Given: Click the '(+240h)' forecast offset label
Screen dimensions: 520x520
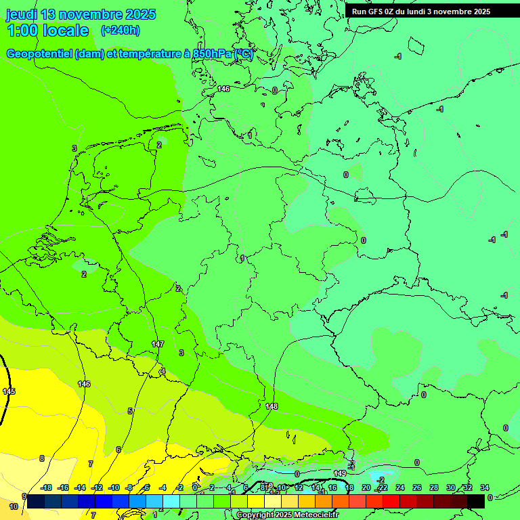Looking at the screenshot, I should pyautogui.click(x=120, y=30).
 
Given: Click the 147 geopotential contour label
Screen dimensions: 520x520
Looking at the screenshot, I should pyautogui.click(x=158, y=344).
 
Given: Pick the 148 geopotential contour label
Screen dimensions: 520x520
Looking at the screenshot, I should pyautogui.click(x=272, y=406).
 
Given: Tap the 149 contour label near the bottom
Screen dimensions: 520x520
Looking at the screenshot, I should pyautogui.click(x=340, y=473).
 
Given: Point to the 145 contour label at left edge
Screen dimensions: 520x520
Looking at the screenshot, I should pyautogui.click(x=9, y=391).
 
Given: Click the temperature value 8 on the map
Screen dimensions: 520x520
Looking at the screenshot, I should pyautogui.click(x=41, y=458).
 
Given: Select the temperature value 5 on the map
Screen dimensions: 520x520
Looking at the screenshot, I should pyautogui.click(x=130, y=411).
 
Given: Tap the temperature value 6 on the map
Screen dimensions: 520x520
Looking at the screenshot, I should pyautogui.click(x=118, y=450).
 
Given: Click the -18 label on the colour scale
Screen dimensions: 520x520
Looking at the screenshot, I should pyautogui.click(x=46, y=487).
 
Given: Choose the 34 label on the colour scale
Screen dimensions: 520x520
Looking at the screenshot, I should pyautogui.click(x=484, y=487).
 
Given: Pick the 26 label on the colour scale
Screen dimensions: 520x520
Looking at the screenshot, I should pyautogui.click(x=416, y=487).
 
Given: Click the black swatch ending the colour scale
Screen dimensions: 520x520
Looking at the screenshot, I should pyautogui.click(x=476, y=501).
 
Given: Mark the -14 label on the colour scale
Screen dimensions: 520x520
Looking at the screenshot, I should pyautogui.click(x=80, y=487).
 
